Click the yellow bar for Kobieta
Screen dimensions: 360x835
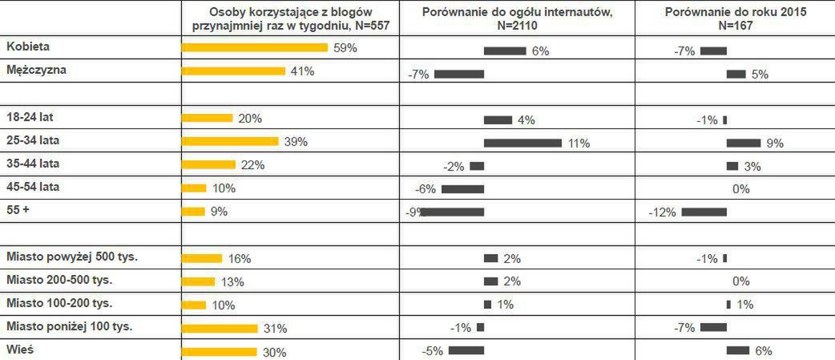tap(255, 47)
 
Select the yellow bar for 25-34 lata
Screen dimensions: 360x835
tap(230, 141)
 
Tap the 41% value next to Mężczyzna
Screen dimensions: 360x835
tap(302, 71)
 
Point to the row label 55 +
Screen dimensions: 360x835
tap(18, 210)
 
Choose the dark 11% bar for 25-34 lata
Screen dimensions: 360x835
tap(522, 143)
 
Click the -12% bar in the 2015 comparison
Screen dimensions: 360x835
tap(704, 212)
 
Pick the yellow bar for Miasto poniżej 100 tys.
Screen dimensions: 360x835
tap(220, 328)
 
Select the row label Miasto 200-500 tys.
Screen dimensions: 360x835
tap(59, 280)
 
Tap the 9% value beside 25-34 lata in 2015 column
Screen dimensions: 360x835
tap(775, 144)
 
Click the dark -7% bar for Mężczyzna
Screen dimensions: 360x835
tap(459, 75)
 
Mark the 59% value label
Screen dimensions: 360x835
tap(345, 48)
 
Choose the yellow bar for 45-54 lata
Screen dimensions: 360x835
tap(194, 188)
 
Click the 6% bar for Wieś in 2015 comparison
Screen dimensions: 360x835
tap(737, 350)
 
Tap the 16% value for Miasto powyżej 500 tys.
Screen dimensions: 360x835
tap(239, 259)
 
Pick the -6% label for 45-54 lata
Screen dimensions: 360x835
tap(425, 189)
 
